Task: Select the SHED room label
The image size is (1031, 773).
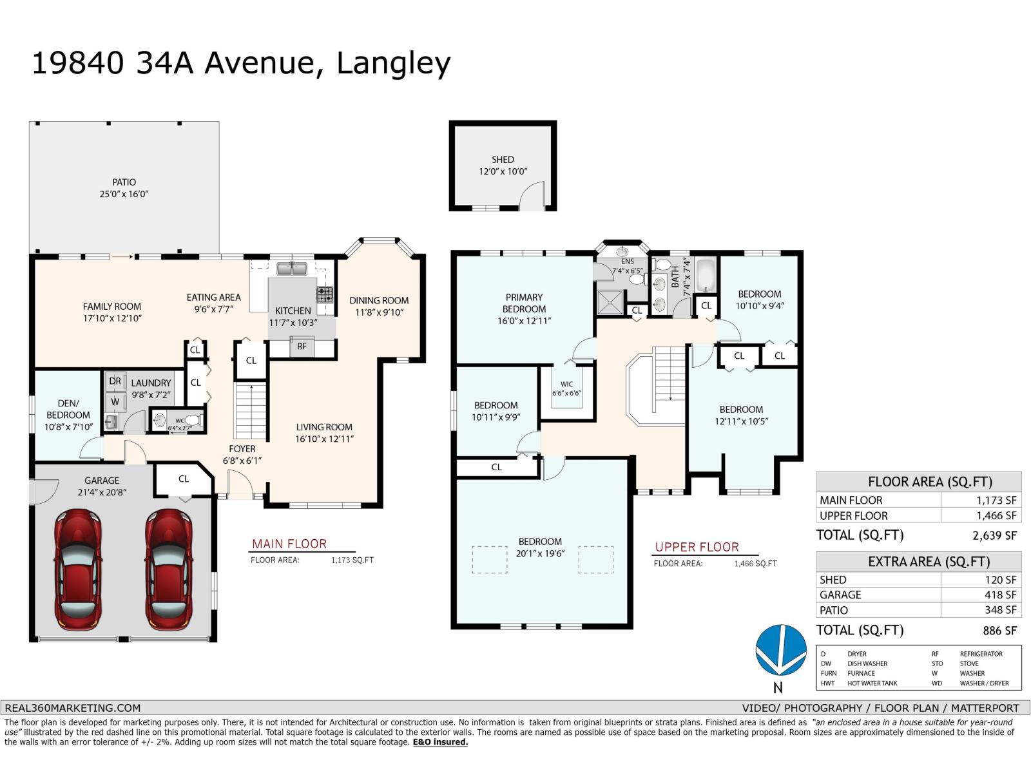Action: click(x=503, y=159)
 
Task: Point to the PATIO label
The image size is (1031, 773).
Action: click(x=124, y=182)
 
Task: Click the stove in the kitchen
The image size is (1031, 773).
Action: click(x=325, y=295)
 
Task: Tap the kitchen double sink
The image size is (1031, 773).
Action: click(x=292, y=268)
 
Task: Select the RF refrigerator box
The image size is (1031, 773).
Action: click(x=302, y=347)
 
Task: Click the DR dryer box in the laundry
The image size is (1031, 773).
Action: click(x=115, y=381)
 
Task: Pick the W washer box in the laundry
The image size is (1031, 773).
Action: click(x=115, y=401)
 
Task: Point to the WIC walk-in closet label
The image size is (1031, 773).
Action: click(x=566, y=385)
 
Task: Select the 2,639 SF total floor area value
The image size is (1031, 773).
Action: click(x=994, y=535)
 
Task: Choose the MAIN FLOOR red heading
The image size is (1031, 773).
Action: click(x=289, y=544)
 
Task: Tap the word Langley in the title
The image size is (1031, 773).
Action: click(x=393, y=63)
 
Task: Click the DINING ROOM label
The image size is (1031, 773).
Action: click(x=379, y=300)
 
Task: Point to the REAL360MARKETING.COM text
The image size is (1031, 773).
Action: click(x=72, y=707)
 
